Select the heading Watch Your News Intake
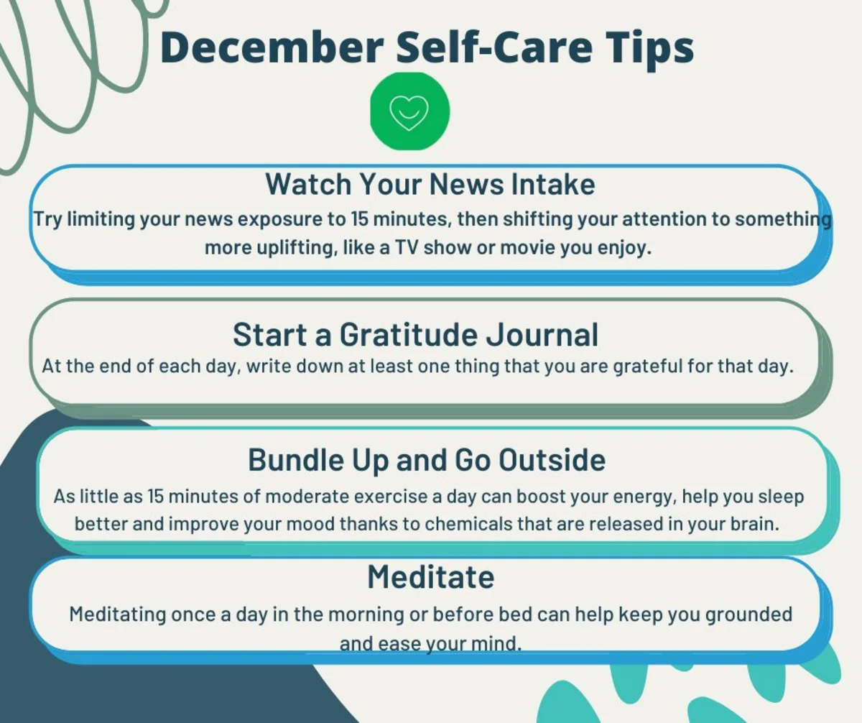coord(430,184)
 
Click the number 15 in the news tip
coord(360,219)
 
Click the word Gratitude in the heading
coord(408,335)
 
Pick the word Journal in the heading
coord(542,335)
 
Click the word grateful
coord(648,367)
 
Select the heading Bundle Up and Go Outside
coord(427,460)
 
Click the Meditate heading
coord(431,577)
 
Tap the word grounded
coord(749,615)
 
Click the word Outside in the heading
coord(552,460)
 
